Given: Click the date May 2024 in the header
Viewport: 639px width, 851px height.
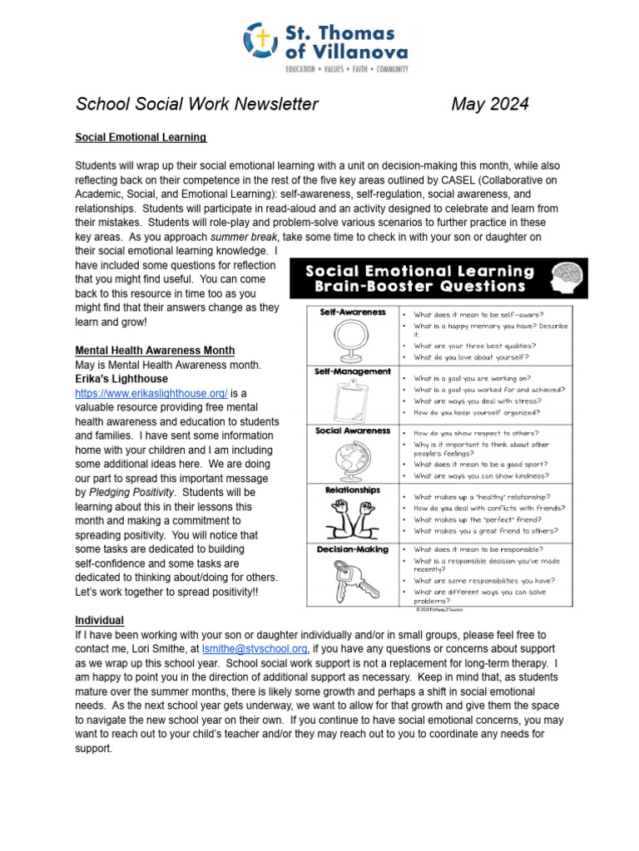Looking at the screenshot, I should (489, 104).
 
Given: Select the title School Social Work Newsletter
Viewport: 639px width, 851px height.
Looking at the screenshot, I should (196, 104).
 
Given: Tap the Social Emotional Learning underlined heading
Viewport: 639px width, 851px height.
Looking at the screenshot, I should (141, 136).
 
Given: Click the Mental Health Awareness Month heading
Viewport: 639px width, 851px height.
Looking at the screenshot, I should (155, 350).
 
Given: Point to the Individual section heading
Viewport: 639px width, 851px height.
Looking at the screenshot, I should (99, 620).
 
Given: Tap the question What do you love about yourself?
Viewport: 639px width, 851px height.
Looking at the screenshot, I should (471, 357).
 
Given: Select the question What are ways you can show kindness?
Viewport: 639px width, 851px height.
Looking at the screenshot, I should (481, 476).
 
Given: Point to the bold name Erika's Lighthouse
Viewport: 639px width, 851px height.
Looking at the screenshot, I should (121, 378).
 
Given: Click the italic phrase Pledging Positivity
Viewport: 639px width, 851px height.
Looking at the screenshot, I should (132, 492).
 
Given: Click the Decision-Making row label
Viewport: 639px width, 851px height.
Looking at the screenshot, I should (353, 550).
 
